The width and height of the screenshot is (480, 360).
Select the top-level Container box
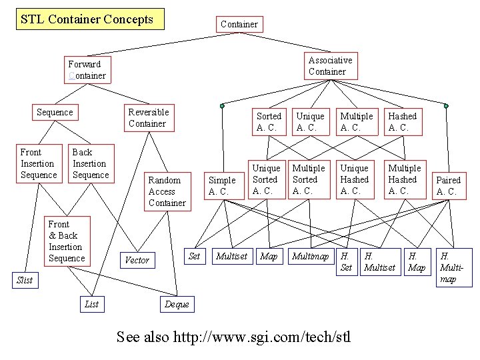[239, 24]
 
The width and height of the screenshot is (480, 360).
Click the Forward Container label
[87, 70]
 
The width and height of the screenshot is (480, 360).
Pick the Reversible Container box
[149, 117]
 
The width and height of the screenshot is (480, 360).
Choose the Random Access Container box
[167, 191]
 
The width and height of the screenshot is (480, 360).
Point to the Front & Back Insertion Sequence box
[67, 241]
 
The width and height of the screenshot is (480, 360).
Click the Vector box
[137, 260]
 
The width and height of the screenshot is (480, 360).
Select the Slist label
[25, 280]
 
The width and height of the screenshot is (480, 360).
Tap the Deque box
[177, 305]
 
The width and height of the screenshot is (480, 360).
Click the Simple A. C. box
[222, 185]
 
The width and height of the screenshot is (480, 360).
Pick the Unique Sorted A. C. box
[265, 179]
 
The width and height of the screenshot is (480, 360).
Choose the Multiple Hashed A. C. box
[404, 179]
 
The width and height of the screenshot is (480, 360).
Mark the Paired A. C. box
[448, 185]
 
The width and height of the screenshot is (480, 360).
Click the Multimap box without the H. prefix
[310, 256]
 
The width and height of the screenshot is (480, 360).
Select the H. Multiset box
[379, 261]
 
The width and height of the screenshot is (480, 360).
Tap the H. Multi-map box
[454, 267]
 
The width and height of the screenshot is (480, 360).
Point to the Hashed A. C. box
[403, 121]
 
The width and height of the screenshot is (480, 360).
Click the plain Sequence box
[55, 112]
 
